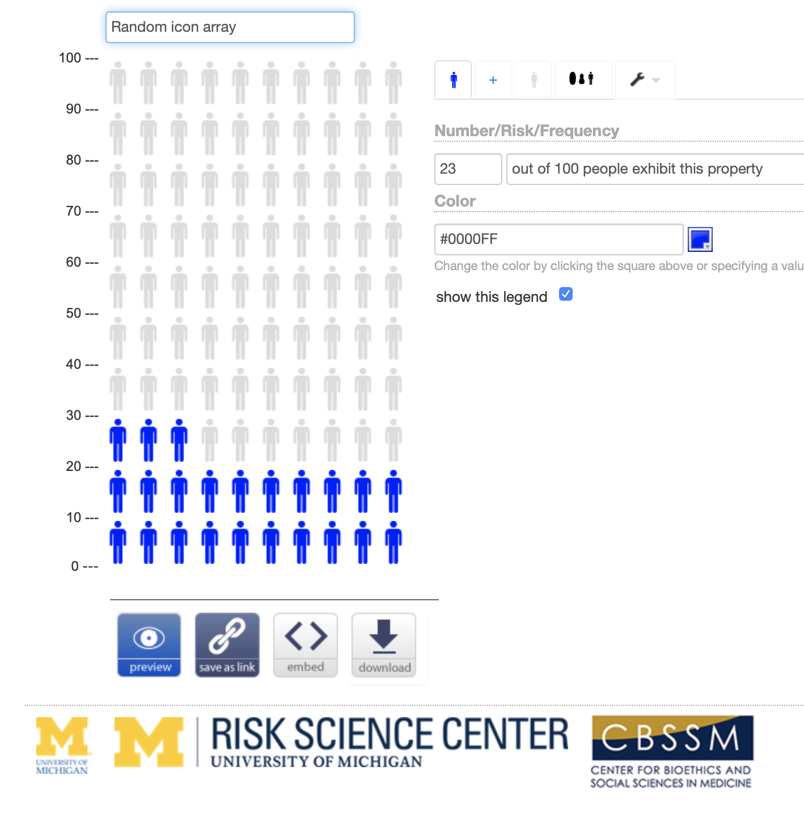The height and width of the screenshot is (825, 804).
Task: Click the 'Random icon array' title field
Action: point(230,27)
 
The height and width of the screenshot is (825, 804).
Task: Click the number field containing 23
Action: point(468,169)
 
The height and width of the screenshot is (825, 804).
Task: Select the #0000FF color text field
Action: point(558,239)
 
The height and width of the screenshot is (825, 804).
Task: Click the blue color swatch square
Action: point(700,239)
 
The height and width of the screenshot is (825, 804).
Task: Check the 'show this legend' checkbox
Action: point(566,294)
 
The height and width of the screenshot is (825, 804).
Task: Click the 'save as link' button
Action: point(227,645)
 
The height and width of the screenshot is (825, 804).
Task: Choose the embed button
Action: point(306,645)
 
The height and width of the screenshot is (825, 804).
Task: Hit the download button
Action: point(384,645)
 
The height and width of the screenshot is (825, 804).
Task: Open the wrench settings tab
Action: point(644,80)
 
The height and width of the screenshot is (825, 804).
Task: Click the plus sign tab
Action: point(493,80)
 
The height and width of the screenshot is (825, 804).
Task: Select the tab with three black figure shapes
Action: point(582,79)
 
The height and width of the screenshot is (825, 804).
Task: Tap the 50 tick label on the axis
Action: point(74,313)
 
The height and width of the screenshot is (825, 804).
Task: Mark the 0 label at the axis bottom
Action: point(75,566)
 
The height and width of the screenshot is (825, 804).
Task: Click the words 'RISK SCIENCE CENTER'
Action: point(390,734)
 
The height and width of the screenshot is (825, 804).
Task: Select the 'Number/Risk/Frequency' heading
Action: point(527,131)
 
